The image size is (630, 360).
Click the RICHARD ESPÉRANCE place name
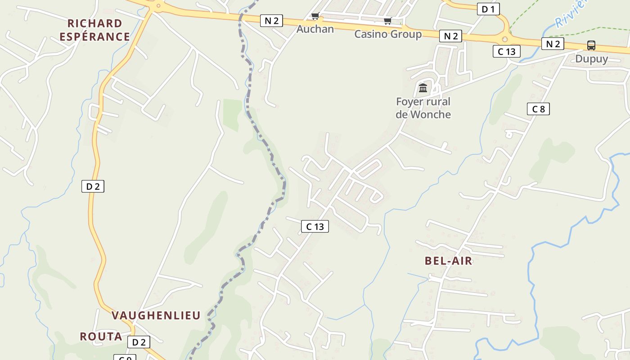click(94, 30)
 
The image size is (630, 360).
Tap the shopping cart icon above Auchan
click(315, 17)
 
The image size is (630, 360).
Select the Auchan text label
click(315, 29)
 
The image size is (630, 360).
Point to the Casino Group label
click(388, 34)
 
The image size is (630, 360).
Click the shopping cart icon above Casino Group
click(387, 21)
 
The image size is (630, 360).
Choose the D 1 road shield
click(488, 9)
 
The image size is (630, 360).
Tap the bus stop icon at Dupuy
click(591, 45)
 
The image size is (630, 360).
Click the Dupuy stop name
click(591, 59)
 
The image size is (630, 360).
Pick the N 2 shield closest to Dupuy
click(553, 44)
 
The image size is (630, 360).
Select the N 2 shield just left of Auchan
click(271, 21)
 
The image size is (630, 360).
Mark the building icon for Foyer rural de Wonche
click(423, 88)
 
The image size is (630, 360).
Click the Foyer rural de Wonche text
click(423, 108)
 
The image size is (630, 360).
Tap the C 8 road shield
click(538, 109)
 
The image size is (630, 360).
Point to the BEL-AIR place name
click(448, 261)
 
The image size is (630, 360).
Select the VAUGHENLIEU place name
click(156, 315)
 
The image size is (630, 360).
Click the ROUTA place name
click(101, 337)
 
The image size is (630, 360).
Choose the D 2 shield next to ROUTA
click(139, 342)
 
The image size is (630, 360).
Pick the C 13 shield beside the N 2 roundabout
click(507, 51)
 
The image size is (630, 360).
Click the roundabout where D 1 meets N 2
click(505, 39)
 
